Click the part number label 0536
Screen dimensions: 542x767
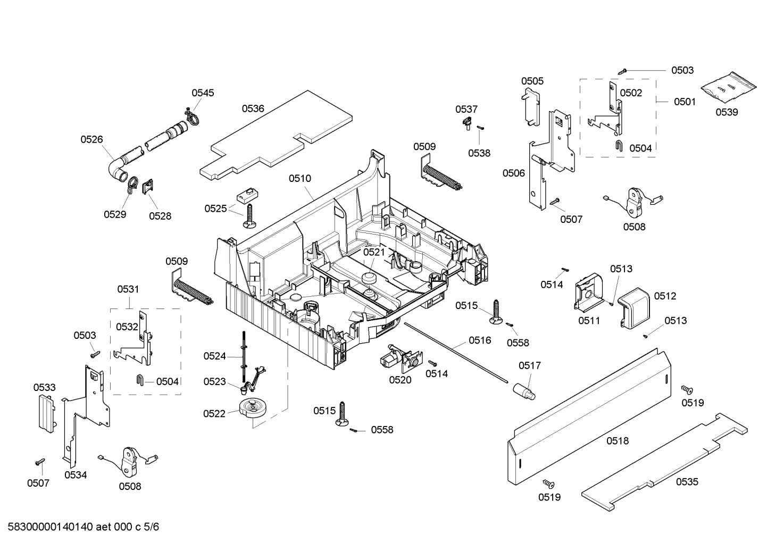click(x=253, y=109)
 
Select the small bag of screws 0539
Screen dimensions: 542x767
click(x=728, y=88)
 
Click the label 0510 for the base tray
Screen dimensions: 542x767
click(x=300, y=179)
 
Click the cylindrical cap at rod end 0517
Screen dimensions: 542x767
click(x=524, y=391)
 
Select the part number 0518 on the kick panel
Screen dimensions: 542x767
click(x=617, y=440)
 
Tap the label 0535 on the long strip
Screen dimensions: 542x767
click(x=687, y=482)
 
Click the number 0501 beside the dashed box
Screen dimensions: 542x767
click(x=685, y=102)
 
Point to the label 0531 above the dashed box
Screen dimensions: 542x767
click(x=128, y=289)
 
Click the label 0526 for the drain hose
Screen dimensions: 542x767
click(x=91, y=139)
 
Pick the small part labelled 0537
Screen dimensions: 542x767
click(x=467, y=123)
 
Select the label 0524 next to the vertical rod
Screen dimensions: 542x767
click(x=214, y=356)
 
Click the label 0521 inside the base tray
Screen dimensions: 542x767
click(x=374, y=252)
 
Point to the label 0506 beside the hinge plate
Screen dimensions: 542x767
click(x=514, y=173)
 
